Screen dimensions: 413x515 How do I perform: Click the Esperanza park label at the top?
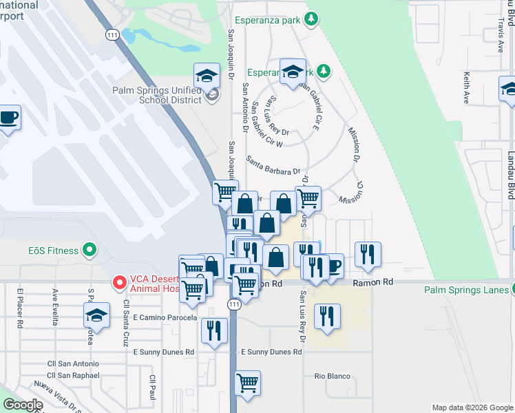pyautogui.click(x=267, y=20)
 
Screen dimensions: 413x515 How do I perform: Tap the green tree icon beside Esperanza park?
pyautogui.click(x=311, y=19)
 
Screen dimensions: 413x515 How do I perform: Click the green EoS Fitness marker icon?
pyautogui.click(x=88, y=250)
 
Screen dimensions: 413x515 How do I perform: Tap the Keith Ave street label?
pyautogui.click(x=467, y=88)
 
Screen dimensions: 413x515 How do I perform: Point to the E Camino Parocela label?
pyautogui.click(x=165, y=318)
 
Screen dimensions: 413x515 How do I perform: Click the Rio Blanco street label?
pyautogui.click(x=333, y=377)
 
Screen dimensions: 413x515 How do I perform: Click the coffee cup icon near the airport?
pyautogui.click(x=9, y=118)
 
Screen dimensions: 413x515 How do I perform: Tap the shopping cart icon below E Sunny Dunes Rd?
pyautogui.click(x=248, y=383)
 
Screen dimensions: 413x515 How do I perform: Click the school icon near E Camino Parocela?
pyautogui.click(x=96, y=316)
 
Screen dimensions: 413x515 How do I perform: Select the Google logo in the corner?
pyautogui.click(x=23, y=405)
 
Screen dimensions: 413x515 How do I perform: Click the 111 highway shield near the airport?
pyautogui.click(x=112, y=34)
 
